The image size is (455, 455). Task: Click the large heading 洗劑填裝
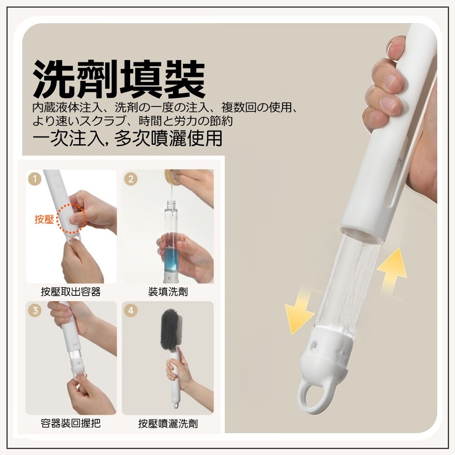pyautogui.click(x=119, y=79)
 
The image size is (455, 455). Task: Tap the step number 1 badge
pyautogui.click(x=35, y=179)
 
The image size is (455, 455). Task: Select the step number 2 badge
pyautogui.click(x=131, y=179)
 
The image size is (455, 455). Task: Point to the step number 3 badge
pyautogui.click(x=35, y=310)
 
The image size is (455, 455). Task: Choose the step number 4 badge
pyautogui.click(x=131, y=310)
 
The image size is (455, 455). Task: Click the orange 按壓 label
pyautogui.click(x=45, y=219)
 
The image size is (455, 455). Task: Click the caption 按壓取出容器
pyautogui.click(x=71, y=292)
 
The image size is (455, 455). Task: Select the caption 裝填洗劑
pyautogui.click(x=168, y=292)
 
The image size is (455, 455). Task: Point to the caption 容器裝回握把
pyautogui.click(x=71, y=423)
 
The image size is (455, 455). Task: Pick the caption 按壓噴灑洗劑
pyautogui.click(x=168, y=424)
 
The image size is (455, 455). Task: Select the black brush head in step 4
pyautogui.click(x=171, y=329)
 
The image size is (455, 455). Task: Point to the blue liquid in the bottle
pyautogui.click(x=171, y=257)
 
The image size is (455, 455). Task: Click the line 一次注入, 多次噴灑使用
pyautogui.click(x=128, y=138)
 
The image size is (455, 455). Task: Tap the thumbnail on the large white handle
pyautogui.click(x=393, y=47)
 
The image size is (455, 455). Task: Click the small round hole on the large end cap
pyautogui.click(x=313, y=345)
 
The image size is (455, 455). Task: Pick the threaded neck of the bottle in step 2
pyautogui.click(x=171, y=204)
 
